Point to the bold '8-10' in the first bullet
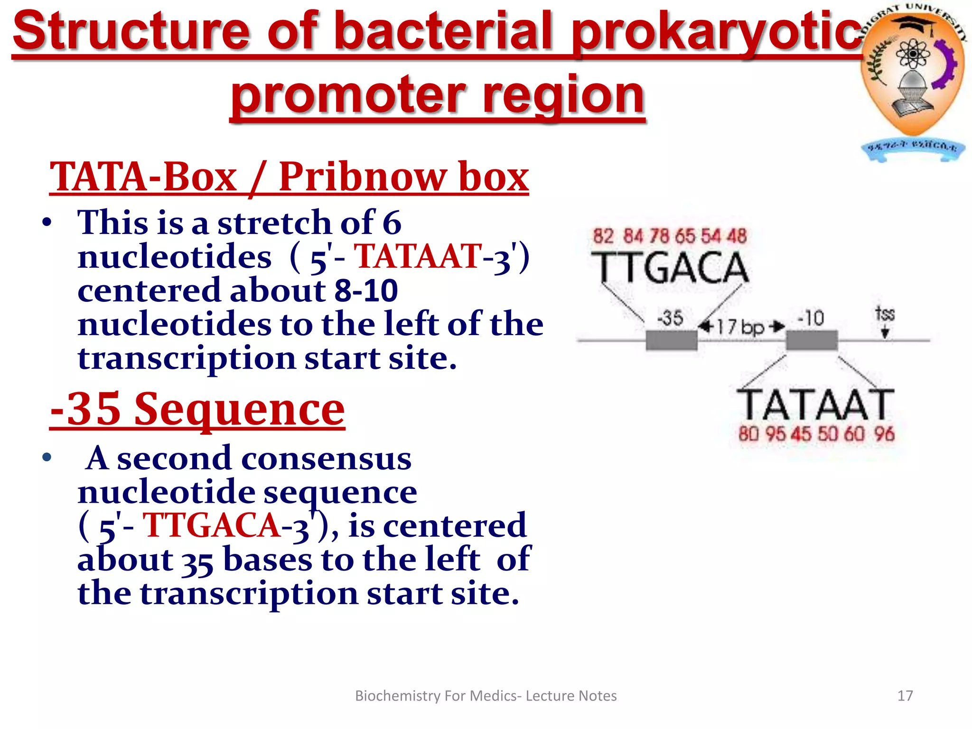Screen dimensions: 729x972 [365, 290]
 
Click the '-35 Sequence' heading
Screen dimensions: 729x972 [197, 409]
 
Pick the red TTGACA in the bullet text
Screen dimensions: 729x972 [211, 526]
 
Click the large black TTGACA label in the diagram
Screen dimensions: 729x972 [669, 268]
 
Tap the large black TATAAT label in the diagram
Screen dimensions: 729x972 [815, 405]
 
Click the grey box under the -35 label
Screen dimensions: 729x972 [671, 340]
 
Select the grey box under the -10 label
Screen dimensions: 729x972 [811, 340]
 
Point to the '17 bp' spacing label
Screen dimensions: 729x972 [740, 327]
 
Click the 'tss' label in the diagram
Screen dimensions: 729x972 [885, 314]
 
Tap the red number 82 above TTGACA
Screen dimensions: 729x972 [603, 236]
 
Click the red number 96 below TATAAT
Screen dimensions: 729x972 [884, 434]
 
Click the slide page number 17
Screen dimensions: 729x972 [905, 696]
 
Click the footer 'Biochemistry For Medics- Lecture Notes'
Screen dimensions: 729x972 [486, 696]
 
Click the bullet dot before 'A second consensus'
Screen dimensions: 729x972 [46, 458]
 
